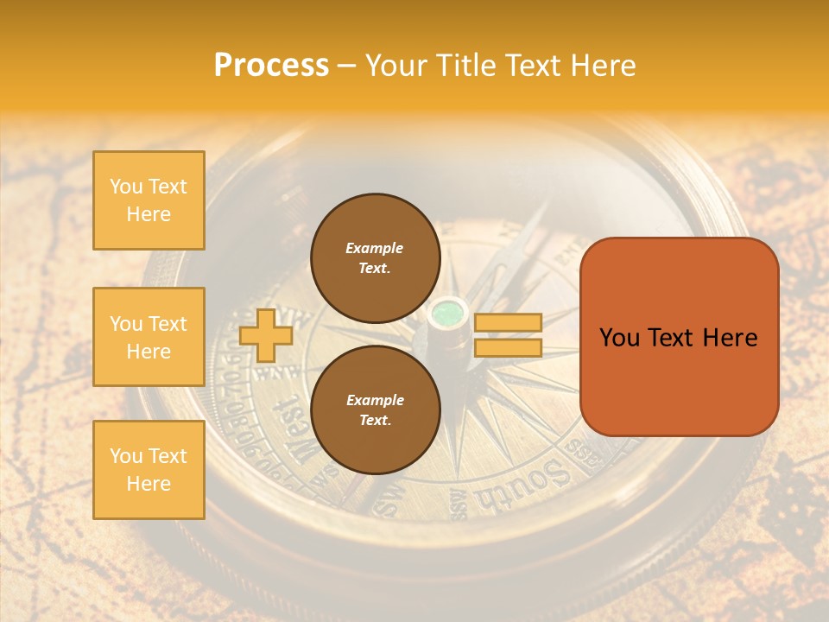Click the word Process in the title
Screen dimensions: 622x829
[271, 66]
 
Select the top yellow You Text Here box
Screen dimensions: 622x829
[149, 200]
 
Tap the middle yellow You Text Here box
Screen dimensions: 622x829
[149, 337]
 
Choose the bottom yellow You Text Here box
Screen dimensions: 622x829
[149, 470]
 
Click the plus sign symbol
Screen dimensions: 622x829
[266, 335]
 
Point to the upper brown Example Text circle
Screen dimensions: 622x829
[375, 258]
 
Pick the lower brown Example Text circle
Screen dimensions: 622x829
[375, 410]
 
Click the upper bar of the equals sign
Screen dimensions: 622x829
[508, 322]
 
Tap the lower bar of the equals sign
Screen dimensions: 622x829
[508, 347]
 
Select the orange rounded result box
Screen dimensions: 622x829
[679, 337]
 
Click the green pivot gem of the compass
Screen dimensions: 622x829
[448, 312]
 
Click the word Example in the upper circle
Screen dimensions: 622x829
[374, 248]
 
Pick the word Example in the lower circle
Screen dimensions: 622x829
[375, 400]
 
